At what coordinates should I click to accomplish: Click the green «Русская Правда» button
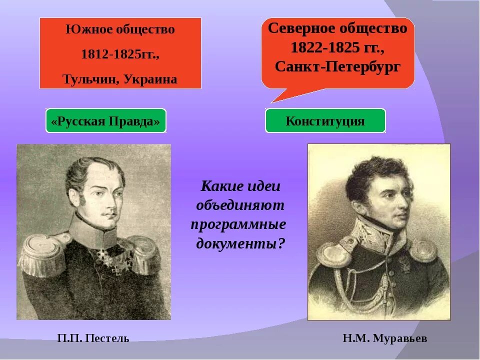[x=105, y=121]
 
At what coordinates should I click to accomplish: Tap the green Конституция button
[x=325, y=121]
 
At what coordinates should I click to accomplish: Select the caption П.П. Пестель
[x=93, y=338]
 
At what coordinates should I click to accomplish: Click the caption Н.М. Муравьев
[x=385, y=338]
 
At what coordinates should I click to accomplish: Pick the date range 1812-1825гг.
[x=120, y=54]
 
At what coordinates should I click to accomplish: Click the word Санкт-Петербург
[x=338, y=67]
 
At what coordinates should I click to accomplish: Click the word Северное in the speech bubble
[x=304, y=28]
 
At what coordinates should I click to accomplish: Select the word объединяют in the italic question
[x=240, y=205]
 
